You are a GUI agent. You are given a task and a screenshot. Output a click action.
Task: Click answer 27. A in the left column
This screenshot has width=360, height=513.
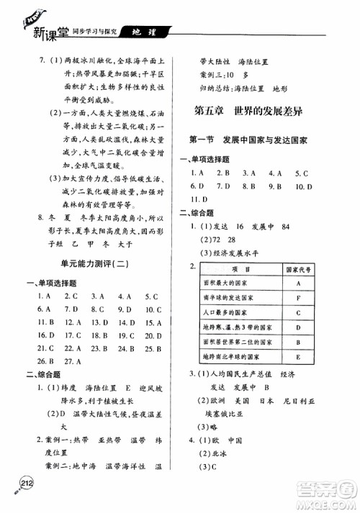71,361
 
